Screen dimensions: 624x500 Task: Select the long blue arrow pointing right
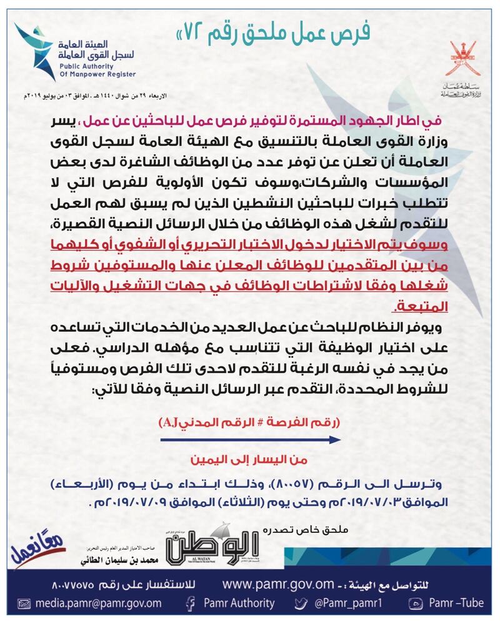coord(250,440)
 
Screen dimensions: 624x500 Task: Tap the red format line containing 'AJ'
coord(250,423)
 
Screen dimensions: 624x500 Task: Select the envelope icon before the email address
coord(24,603)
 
